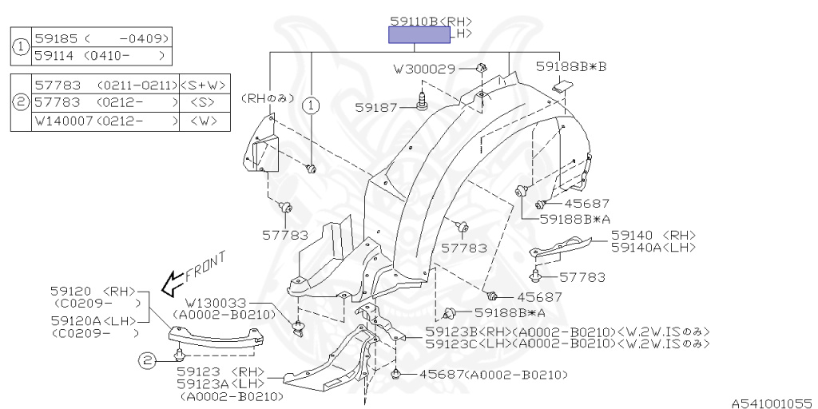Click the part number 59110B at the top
tap(415, 22)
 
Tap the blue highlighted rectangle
tap(419, 35)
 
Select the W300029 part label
tap(425, 69)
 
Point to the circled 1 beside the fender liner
tap(311, 106)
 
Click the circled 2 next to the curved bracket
tap(148, 360)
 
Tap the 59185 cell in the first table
tap(57, 38)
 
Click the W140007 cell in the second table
tap(64, 121)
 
